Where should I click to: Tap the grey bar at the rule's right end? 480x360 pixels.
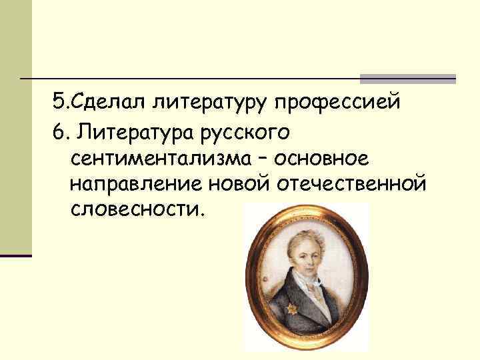(x=407, y=79)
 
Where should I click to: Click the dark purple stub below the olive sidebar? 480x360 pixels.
(x=16, y=255)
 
